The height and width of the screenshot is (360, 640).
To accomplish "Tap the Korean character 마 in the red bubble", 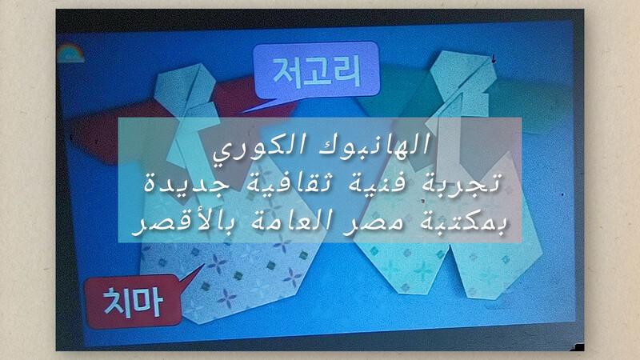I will point(150,303).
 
